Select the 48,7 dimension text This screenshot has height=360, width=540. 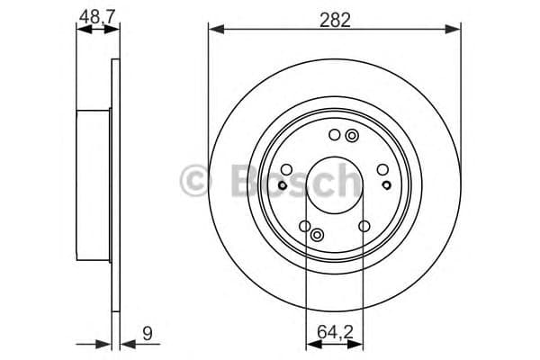[x=97, y=15]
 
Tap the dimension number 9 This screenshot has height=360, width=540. [x=148, y=334]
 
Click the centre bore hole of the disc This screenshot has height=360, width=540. [x=335, y=183]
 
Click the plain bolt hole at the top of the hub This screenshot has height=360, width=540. [x=335, y=136]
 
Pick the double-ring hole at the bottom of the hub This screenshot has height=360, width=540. [x=317, y=234]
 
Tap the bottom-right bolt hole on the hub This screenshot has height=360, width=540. [x=364, y=227]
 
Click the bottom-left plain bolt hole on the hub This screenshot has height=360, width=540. [x=304, y=227]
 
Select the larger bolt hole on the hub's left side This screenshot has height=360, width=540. [x=286, y=168]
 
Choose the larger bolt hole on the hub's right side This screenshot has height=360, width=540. [x=382, y=168]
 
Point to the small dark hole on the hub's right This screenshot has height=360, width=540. [x=387, y=185]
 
